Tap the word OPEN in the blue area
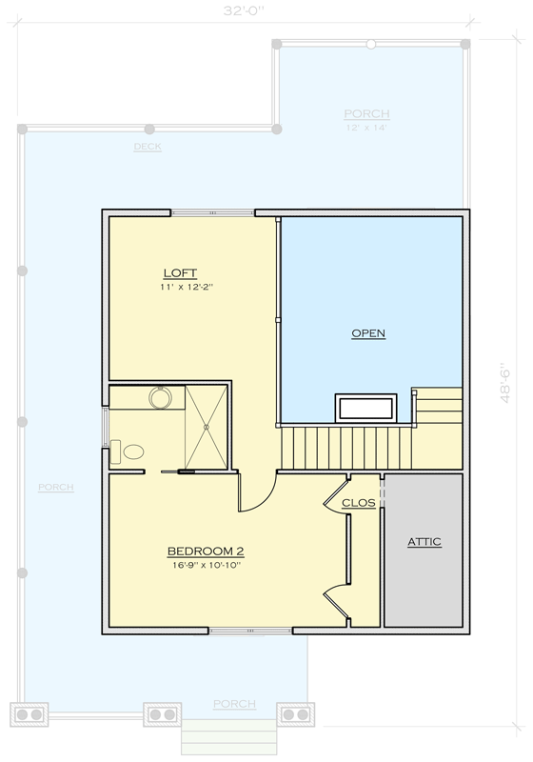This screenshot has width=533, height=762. (368, 333)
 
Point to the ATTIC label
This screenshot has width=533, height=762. (424, 542)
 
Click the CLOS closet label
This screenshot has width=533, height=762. (358, 503)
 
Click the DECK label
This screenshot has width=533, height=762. (148, 147)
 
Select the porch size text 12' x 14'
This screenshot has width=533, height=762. (366, 128)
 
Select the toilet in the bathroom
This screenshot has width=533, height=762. (128, 451)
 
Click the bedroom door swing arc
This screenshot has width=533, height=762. (259, 495)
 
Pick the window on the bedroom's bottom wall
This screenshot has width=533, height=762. (250, 631)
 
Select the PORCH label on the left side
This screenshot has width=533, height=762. (55, 488)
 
